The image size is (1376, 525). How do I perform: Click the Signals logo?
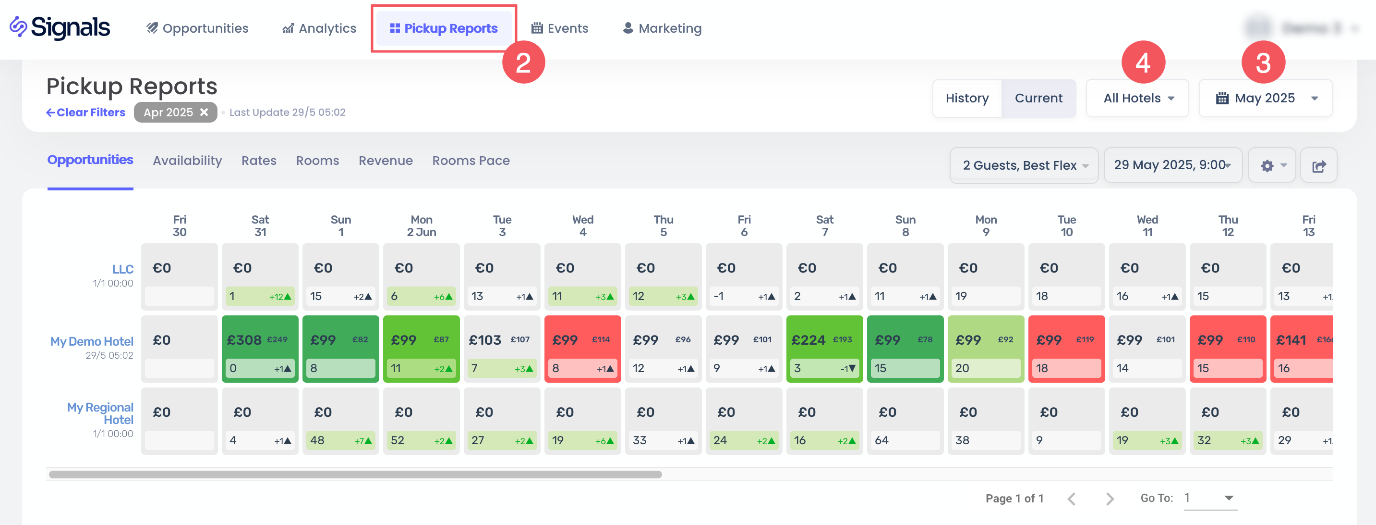(x=60, y=28)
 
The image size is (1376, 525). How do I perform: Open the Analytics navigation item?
(x=319, y=28)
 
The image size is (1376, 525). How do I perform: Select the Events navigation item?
(x=559, y=28)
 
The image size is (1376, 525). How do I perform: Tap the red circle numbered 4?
(x=1143, y=62)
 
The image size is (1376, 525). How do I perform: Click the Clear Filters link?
(x=85, y=112)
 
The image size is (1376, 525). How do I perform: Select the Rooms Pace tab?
(x=471, y=161)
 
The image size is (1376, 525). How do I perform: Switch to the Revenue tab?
(x=385, y=161)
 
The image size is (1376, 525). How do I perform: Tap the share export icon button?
(x=1318, y=166)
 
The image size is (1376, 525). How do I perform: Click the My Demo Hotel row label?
(x=92, y=341)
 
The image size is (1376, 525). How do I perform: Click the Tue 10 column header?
(x=1066, y=225)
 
